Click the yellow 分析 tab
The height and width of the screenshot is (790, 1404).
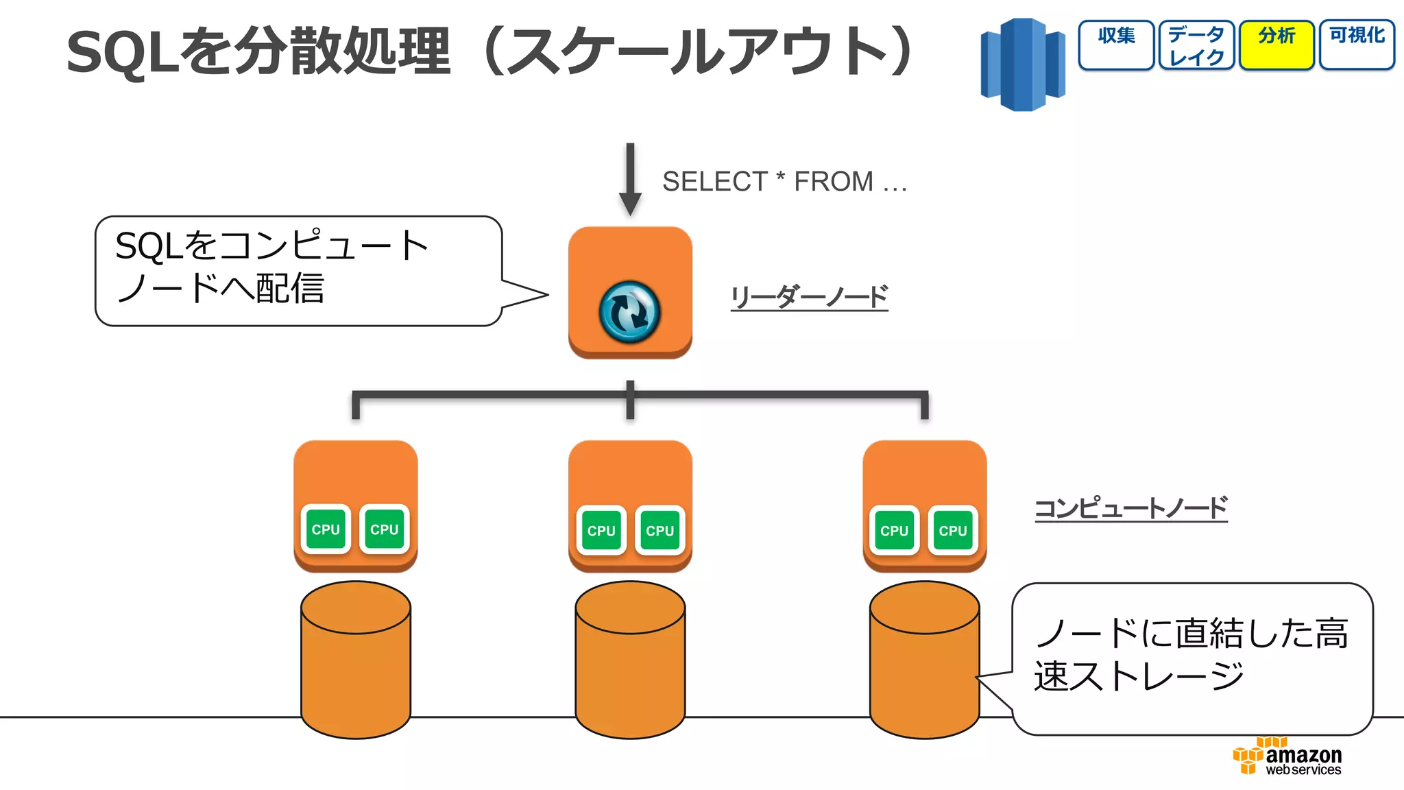coord(1276,45)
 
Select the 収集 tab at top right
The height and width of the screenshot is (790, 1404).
coord(1116,45)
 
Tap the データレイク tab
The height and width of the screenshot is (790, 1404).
coord(1196,45)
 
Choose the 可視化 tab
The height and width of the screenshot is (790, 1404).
coord(1357,45)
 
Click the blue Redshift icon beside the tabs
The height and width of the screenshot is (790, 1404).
coord(1023,64)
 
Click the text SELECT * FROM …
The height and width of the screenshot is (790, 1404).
coord(784,182)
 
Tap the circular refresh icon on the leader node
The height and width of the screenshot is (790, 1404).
coord(629,312)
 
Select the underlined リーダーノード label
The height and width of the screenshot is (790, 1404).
coord(809,297)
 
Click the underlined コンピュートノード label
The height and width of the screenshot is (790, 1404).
coord(1130,508)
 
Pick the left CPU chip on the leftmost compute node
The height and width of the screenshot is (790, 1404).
coord(326,529)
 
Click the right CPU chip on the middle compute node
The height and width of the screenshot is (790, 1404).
coord(659,530)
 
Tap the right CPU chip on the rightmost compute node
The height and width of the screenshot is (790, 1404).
coord(952,530)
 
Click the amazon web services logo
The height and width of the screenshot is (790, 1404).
coord(1287,757)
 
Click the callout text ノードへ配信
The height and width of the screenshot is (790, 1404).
coord(220,288)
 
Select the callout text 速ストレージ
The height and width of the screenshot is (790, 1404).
coord(1138,676)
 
